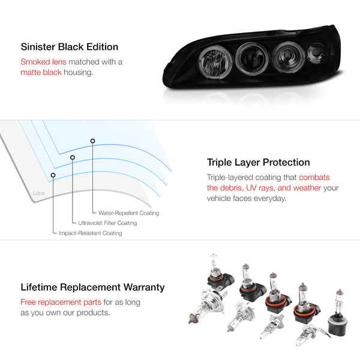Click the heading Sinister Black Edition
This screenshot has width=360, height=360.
tap(70, 47)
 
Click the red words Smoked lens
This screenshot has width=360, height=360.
tap(43, 62)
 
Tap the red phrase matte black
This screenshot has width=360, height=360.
tap(41, 73)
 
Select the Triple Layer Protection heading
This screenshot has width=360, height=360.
tap(258, 163)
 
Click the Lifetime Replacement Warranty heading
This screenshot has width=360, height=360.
tap(92, 287)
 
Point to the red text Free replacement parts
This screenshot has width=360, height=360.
tap(61, 302)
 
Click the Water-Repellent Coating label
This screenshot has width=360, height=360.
tap(128, 213)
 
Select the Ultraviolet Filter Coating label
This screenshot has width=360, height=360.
tap(107, 223)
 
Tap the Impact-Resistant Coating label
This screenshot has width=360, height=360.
tap(91, 233)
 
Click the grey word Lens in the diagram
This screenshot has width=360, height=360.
tap(39, 193)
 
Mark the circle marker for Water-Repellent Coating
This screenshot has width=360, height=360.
tap(92, 141)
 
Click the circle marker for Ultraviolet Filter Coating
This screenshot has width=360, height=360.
tap(73, 157)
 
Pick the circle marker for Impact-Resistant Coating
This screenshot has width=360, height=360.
tap(53, 175)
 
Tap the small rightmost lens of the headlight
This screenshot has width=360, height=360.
tap(317, 54)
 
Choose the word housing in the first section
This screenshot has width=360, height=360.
tap(79, 73)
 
